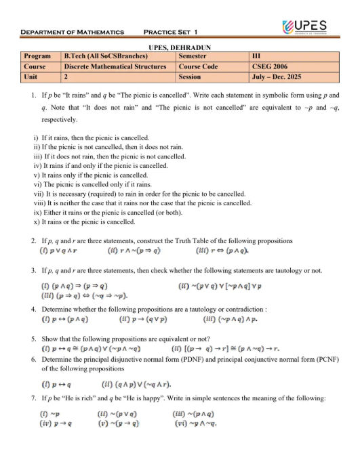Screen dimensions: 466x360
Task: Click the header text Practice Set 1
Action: coord(171,32)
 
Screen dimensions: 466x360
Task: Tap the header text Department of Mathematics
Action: coord(73,32)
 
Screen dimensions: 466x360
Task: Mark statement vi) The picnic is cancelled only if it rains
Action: coord(96,184)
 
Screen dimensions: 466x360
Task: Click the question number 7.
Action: coord(34,398)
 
